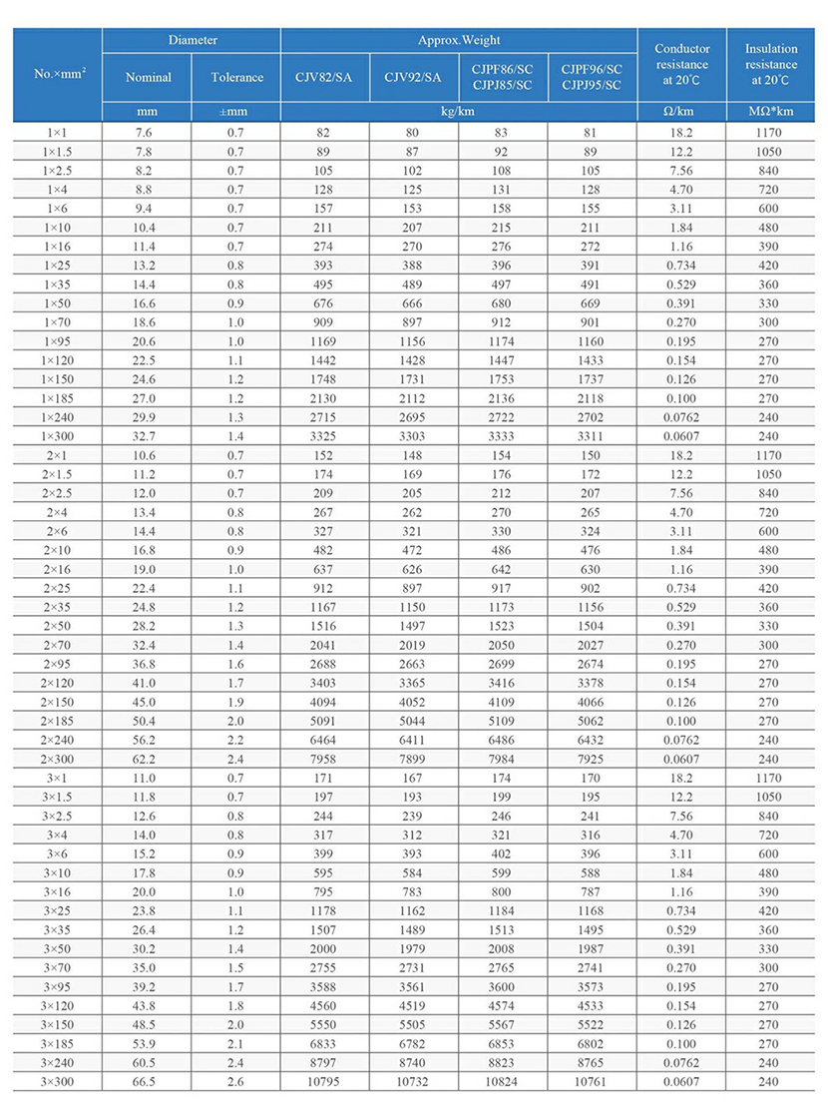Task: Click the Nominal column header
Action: click(x=148, y=77)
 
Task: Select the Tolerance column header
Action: click(x=236, y=77)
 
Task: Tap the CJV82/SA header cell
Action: click(x=325, y=77)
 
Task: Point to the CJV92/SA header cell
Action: click(x=413, y=77)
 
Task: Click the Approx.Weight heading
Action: click(x=458, y=41)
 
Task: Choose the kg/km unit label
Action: click(x=458, y=112)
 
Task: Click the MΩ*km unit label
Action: click(x=771, y=112)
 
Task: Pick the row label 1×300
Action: click(x=57, y=435)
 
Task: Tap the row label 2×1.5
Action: click(x=57, y=473)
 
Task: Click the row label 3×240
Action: click(x=57, y=1062)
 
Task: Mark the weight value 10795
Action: click(x=325, y=1081)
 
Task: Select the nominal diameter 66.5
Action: click(x=148, y=1081)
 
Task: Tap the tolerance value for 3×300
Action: click(x=236, y=1081)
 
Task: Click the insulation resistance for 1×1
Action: click(x=771, y=132)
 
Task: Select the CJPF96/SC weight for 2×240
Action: click(x=592, y=739)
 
